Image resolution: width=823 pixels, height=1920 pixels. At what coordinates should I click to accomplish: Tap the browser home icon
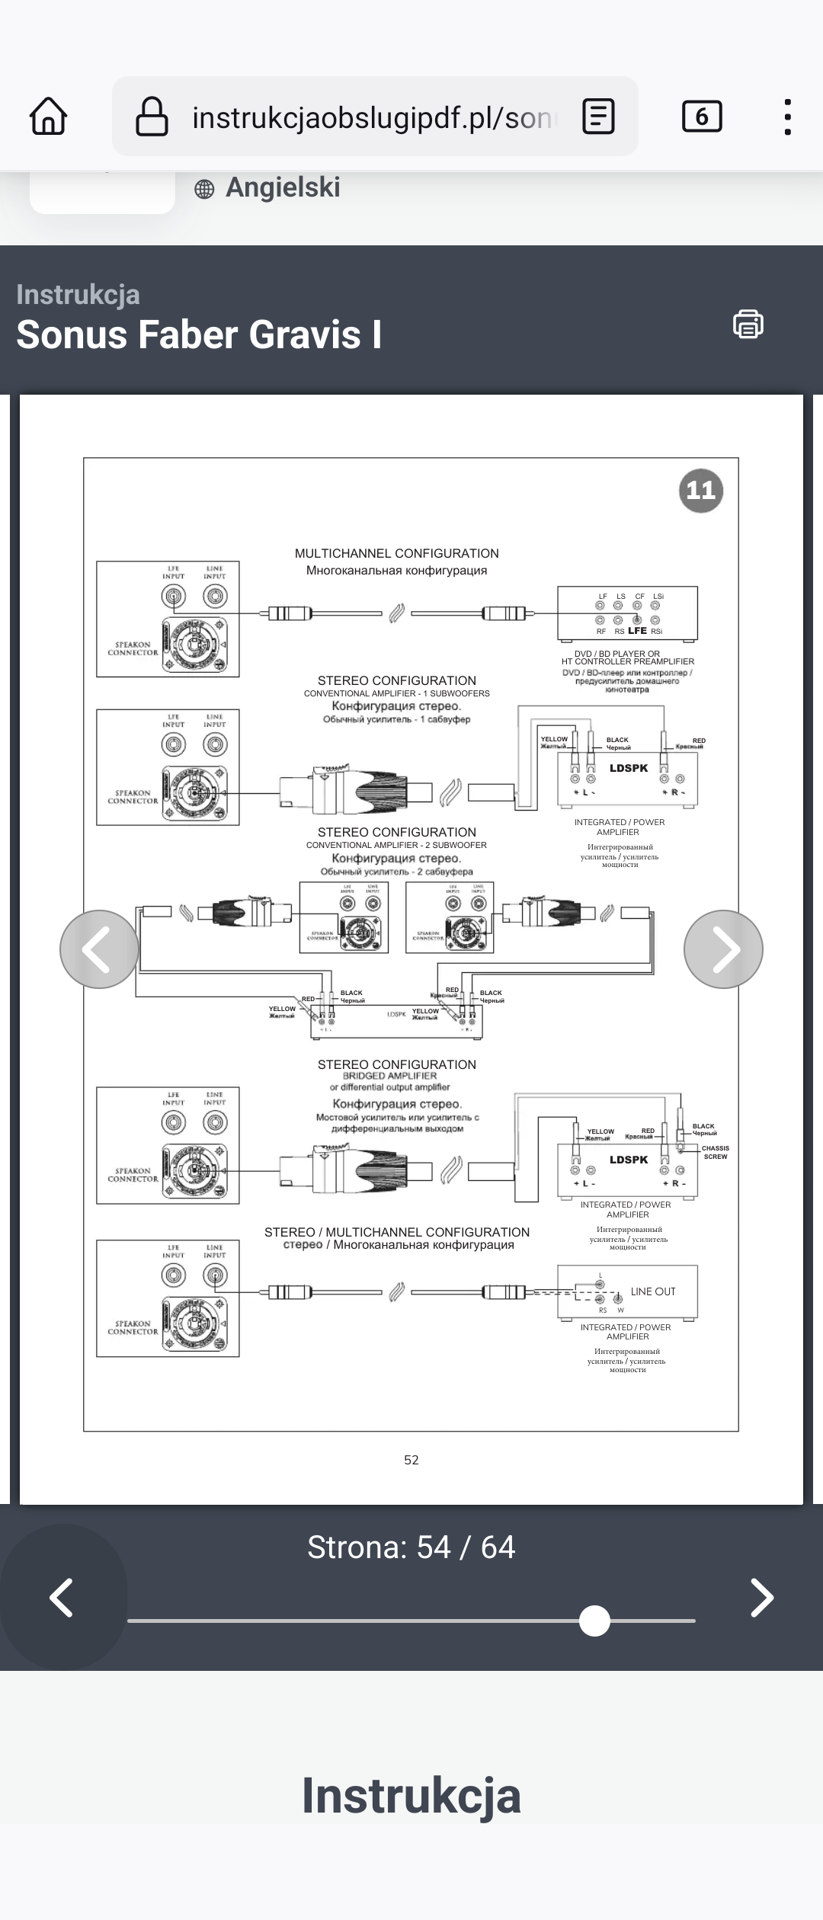coord(48,117)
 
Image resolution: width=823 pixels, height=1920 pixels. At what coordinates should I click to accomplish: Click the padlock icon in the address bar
coord(152,117)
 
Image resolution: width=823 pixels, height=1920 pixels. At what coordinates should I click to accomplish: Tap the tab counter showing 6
coord(701,117)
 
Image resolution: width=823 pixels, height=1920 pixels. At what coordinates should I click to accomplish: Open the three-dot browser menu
coord(787,117)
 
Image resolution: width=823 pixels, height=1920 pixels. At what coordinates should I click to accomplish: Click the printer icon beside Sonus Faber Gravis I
coord(748,324)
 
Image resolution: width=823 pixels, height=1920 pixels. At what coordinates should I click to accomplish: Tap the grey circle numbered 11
coord(700,490)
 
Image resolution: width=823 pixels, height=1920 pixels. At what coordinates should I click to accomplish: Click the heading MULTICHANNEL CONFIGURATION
coord(396,554)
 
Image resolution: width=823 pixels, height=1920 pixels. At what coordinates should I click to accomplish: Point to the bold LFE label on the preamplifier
coord(637,631)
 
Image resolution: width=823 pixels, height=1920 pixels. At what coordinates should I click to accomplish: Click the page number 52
coord(411,1460)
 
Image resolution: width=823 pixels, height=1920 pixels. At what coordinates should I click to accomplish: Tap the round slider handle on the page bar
coord(594,1621)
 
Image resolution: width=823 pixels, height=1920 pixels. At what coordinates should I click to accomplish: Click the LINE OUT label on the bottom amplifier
coord(653,1291)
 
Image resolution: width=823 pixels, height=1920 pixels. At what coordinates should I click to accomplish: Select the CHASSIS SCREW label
coord(715,1152)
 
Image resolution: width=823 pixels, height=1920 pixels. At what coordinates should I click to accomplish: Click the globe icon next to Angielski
coord(204,189)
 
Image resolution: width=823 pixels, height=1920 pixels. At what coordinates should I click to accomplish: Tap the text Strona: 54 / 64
coord(411,1547)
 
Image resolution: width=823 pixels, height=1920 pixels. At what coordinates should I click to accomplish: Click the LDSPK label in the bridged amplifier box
coord(629,1160)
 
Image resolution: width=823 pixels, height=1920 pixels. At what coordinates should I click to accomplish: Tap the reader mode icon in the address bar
coord(598,117)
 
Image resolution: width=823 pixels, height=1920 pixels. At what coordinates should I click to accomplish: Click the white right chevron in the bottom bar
coord(762,1598)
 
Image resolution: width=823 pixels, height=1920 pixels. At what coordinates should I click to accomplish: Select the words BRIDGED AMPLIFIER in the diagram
coord(389,1076)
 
